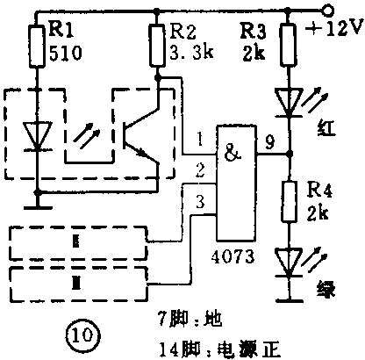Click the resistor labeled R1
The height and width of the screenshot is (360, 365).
[36, 48]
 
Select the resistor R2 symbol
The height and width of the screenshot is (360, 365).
[157, 48]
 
